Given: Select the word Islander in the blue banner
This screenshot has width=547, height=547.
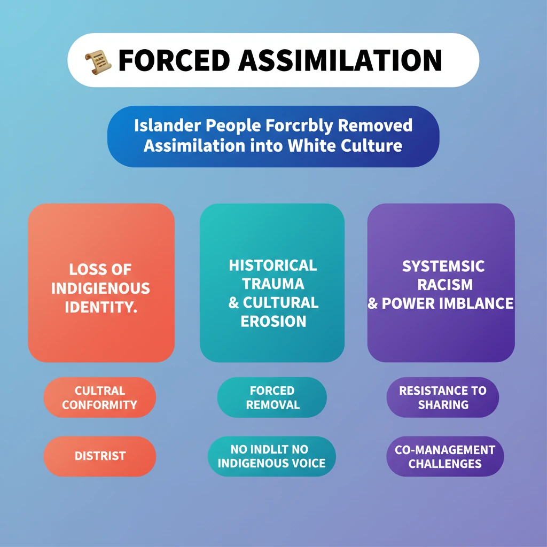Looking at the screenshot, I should pos(166,126).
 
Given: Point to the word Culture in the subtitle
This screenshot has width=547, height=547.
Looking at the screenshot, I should pos(372,145).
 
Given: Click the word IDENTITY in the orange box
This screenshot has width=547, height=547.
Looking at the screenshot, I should pos(101,308).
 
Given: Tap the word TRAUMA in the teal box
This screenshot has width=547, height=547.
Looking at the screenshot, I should pos(273,284).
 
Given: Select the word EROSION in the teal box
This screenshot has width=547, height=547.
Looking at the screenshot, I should pos(273,322).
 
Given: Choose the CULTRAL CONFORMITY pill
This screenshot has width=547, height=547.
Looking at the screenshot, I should pos(100,397).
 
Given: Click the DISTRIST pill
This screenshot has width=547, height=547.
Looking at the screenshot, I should pos(100,456).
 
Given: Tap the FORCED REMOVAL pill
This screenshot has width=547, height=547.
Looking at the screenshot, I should pos(271,397).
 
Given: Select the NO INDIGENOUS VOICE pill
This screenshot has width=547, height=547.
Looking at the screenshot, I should pos(271,456).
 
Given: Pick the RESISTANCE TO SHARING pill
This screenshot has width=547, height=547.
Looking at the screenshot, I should pos(443,397).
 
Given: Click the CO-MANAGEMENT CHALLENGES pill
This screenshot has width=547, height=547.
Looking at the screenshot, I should pos(444,456).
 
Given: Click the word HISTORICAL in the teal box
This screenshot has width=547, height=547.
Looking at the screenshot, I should pos(273,265).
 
